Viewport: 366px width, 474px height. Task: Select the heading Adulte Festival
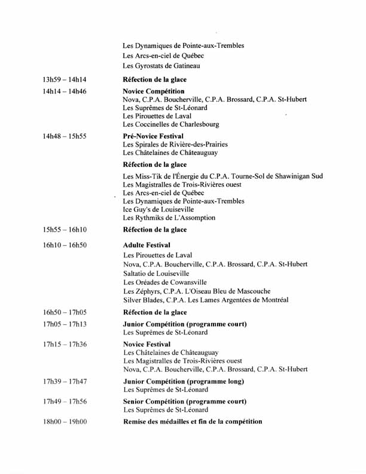pyautogui.click(x=147, y=245)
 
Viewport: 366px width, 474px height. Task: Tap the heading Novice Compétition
pyautogui.click(x=154, y=92)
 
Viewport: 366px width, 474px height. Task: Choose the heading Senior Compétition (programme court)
pyautogui.click(x=185, y=402)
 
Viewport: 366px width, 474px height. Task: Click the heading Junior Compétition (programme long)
pyautogui.click(x=184, y=381)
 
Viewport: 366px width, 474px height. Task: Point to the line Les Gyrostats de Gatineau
pyautogui.click(x=161, y=66)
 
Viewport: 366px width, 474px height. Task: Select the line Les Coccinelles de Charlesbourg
pyautogui.click(x=171, y=124)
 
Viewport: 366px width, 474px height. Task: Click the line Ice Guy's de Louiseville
pyautogui.click(x=158, y=210)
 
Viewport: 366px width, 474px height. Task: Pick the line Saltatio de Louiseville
pyautogui.click(x=156, y=273)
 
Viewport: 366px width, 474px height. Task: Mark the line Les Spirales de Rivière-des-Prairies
pyautogui.click(x=175, y=144)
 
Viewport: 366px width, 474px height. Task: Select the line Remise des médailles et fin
pyautogui.click(x=193, y=422)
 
